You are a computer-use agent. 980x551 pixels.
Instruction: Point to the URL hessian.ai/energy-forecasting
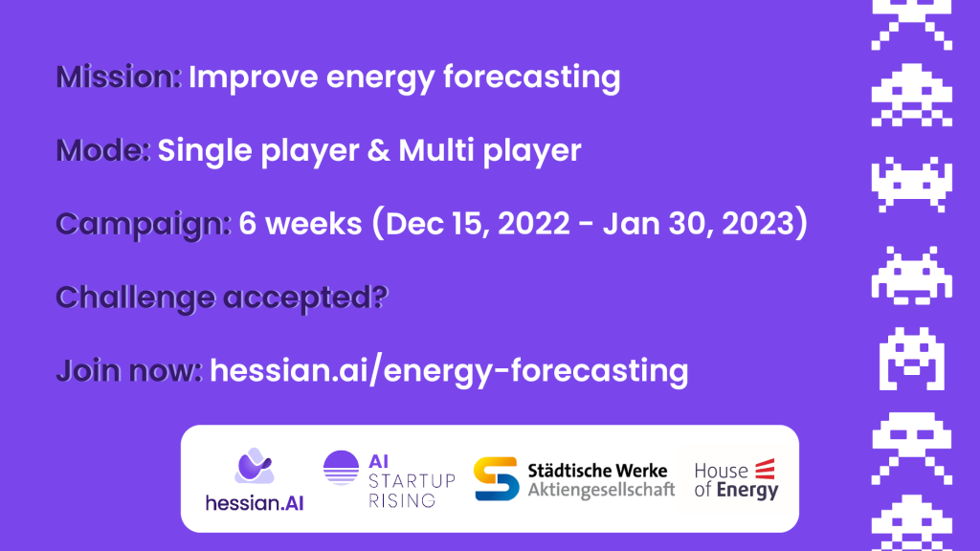click(x=449, y=371)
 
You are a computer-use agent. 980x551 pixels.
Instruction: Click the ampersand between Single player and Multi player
click(x=378, y=150)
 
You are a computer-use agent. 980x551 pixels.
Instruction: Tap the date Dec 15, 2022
click(x=478, y=224)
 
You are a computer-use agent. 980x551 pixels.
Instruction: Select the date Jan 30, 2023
click(x=698, y=224)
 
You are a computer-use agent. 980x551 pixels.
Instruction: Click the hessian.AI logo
click(x=255, y=480)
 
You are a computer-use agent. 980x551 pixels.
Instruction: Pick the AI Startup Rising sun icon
click(x=342, y=468)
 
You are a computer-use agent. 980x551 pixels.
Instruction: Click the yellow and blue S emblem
click(x=497, y=479)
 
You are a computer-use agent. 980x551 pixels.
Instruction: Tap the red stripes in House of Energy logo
click(x=765, y=469)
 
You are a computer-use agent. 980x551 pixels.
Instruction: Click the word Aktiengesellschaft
click(x=601, y=490)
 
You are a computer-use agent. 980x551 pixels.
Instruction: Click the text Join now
click(x=129, y=370)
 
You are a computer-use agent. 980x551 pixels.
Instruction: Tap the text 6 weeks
click(x=301, y=224)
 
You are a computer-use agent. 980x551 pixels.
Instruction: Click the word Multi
click(x=436, y=150)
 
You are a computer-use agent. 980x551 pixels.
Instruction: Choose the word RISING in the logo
click(x=402, y=500)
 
